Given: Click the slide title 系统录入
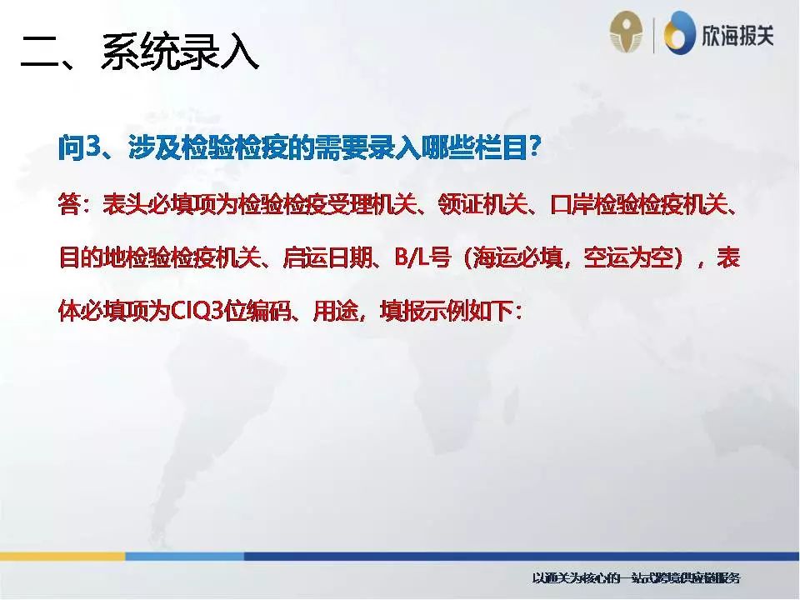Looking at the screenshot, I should pyautogui.click(x=179, y=53).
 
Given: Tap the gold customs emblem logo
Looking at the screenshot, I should pyautogui.click(x=627, y=34).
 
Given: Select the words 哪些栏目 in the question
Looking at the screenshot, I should pyautogui.click(x=471, y=149).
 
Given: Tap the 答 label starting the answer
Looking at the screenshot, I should pyautogui.click(x=68, y=204).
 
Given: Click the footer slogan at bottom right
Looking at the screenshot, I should pyautogui.click(x=636, y=577).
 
